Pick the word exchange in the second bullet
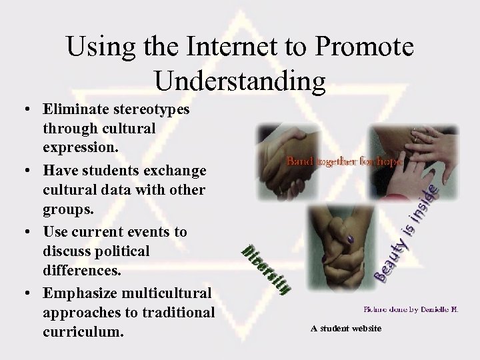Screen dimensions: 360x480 (172, 172)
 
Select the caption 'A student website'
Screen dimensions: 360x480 (345, 328)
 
